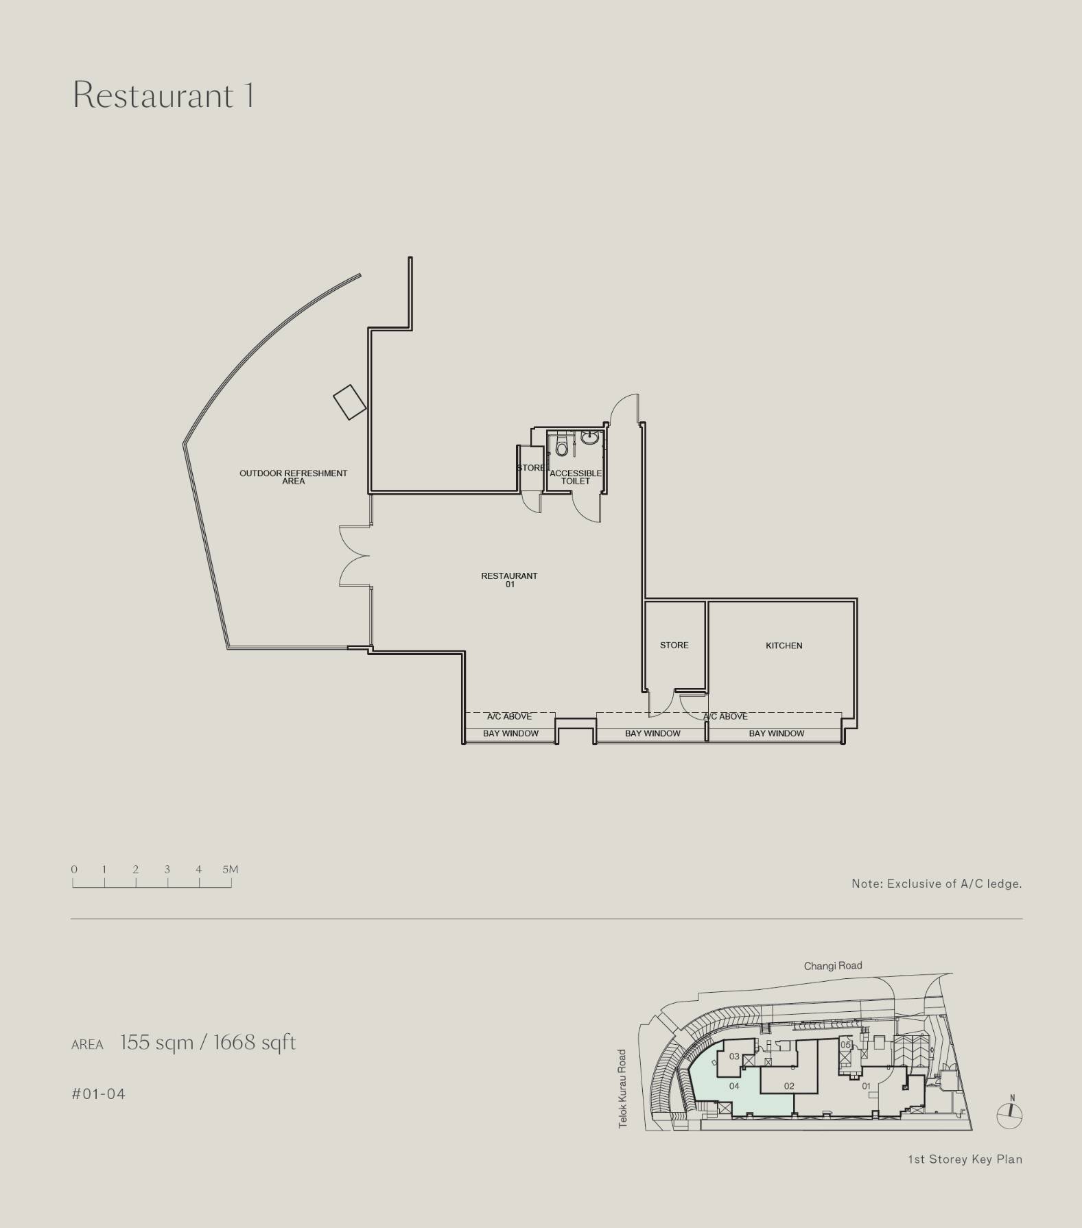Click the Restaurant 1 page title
163,95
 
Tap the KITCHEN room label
784,646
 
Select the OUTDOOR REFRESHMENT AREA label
293,477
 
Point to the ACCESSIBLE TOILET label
576,477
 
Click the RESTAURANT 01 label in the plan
509,580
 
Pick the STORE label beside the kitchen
674,646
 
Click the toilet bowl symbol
562,447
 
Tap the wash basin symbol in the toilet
589,437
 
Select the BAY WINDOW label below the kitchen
776,733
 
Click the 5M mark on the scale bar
231,869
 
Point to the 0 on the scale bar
74,869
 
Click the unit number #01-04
99,1094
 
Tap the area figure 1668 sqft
255,1043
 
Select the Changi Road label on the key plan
833,966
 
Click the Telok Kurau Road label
622,1089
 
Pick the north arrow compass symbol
1009,1113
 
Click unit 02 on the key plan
789,1086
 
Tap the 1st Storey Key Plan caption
965,1159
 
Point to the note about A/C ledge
937,884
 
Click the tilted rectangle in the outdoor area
349,402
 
